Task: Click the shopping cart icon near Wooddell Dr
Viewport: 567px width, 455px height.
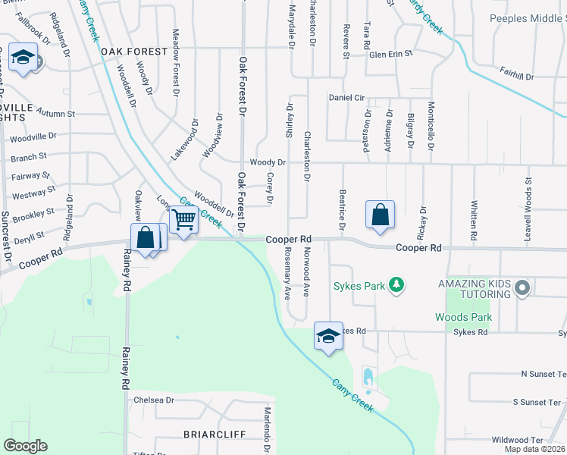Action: point(183,220)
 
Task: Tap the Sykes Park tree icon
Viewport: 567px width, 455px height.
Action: point(395,285)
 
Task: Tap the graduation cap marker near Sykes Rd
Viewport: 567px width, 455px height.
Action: point(328,335)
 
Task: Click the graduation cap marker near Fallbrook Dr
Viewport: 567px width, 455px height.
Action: point(23,58)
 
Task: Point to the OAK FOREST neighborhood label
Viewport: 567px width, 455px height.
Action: point(133,52)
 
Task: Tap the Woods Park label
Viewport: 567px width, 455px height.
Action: point(463,318)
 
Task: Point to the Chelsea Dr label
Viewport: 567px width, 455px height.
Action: point(154,400)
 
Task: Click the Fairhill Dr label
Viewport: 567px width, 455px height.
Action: point(517,77)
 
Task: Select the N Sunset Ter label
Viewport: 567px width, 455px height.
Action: point(543,375)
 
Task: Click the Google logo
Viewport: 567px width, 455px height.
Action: point(25,445)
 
